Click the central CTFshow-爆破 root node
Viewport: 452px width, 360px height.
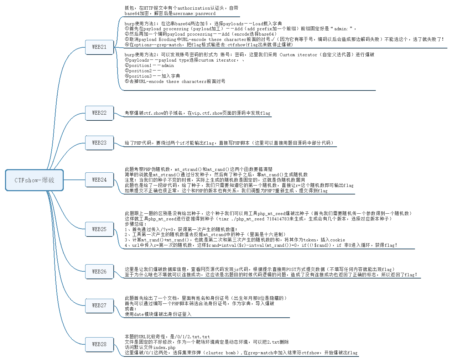coord(34,180)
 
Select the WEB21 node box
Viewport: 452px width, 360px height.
coord(99,47)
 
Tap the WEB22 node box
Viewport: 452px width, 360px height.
coord(99,113)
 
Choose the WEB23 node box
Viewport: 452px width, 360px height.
coord(99,143)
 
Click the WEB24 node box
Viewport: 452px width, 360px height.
coord(99,180)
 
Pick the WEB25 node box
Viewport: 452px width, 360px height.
coord(99,229)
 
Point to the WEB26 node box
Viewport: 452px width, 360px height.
coord(99,272)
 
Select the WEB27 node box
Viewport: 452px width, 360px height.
coord(99,306)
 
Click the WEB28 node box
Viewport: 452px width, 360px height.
coord(99,344)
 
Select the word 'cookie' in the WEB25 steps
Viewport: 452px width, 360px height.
coord(337,240)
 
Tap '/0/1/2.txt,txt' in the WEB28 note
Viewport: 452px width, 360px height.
coord(193,337)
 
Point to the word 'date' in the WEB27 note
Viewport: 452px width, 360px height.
coord(139,314)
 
